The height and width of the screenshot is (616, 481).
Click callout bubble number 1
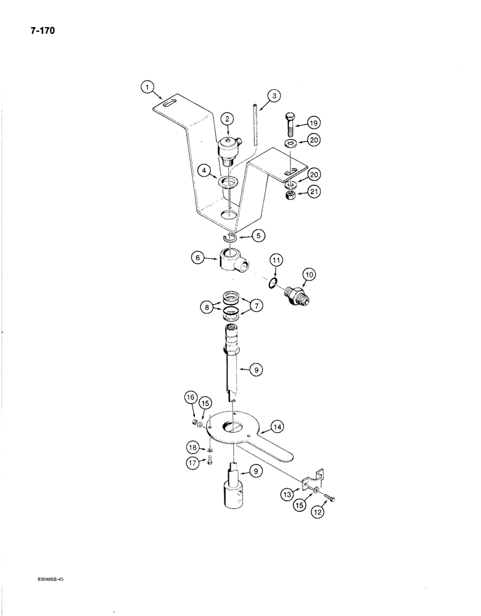coord(147,88)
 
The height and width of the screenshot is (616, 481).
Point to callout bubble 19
coord(313,122)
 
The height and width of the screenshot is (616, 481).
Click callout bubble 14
coord(277,426)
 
